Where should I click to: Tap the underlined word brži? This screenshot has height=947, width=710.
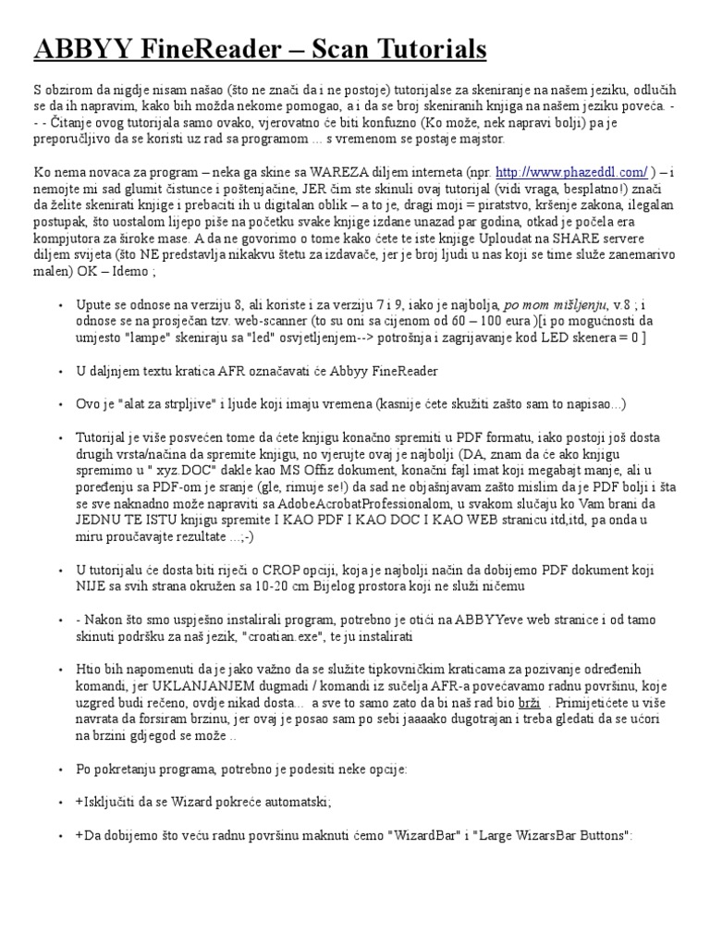pos(529,703)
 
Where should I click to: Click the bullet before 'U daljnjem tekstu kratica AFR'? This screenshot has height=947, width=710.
pos(60,371)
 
